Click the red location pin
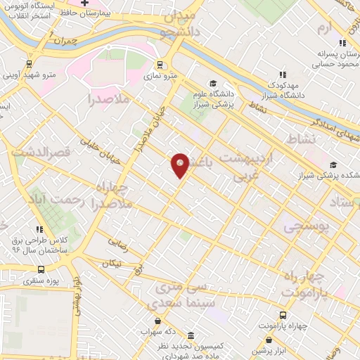[x=180, y=165]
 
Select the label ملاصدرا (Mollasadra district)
[x=111, y=100]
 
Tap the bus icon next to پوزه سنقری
[x=40, y=269]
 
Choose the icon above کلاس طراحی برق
[x=40, y=229]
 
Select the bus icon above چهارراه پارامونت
[x=283, y=316]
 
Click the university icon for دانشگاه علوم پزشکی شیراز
[x=213, y=84]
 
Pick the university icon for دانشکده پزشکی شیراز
[x=332, y=165]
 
